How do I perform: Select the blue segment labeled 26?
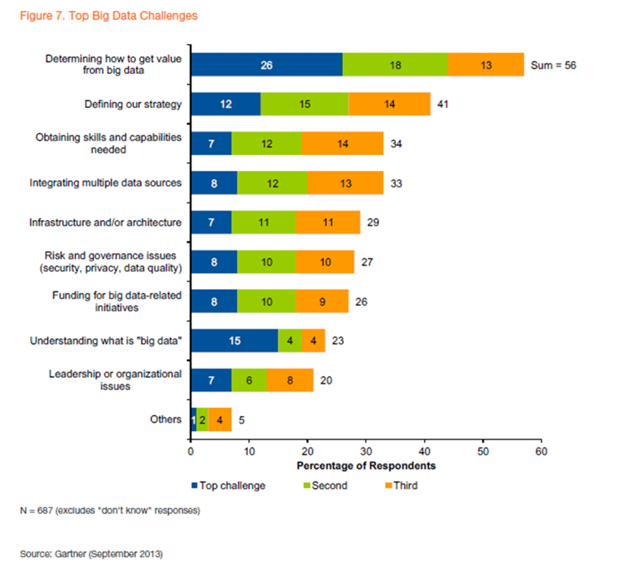(x=266, y=65)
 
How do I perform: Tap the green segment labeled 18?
(x=395, y=65)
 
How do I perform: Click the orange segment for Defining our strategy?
(x=389, y=104)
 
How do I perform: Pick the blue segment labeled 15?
(x=234, y=340)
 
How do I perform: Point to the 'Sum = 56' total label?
(x=553, y=65)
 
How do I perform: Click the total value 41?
(x=443, y=104)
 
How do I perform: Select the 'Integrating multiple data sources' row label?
(x=105, y=183)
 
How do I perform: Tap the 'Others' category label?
(x=166, y=419)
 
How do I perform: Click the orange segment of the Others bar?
(x=220, y=420)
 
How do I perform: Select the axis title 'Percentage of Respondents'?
(x=366, y=466)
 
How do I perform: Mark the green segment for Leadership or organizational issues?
(x=249, y=380)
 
